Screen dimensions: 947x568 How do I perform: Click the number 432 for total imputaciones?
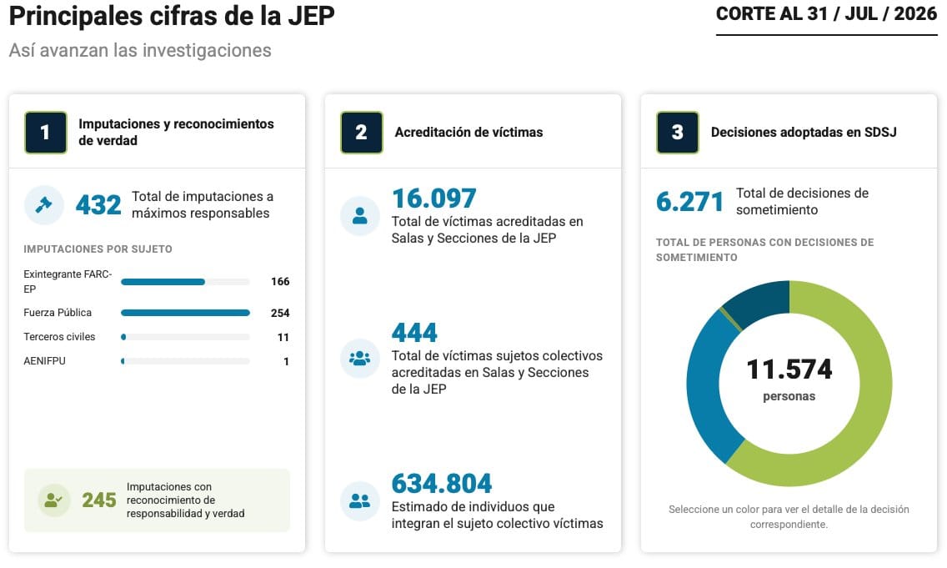(98, 205)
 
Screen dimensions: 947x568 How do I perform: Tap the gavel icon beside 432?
(43, 205)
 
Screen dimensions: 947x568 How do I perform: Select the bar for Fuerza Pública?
(185, 313)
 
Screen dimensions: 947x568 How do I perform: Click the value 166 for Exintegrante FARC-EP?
(280, 282)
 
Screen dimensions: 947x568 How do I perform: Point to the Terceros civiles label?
(59, 337)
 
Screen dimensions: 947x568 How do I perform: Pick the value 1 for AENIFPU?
(286, 361)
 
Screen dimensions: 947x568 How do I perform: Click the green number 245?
(99, 500)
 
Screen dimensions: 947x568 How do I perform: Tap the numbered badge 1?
(45, 133)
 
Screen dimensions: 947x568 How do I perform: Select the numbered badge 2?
(361, 133)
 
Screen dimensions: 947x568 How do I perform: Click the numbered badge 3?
(678, 133)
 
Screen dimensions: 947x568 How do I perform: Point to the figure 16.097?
(434, 199)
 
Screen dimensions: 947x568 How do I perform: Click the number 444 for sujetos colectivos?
(414, 332)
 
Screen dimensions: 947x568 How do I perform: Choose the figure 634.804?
(442, 484)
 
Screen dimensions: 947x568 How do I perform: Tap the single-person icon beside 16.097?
(360, 216)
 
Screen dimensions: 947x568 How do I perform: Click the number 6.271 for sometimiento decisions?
(689, 202)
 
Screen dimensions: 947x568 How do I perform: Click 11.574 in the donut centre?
(789, 369)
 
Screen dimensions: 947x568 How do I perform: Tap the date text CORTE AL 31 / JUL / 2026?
(826, 14)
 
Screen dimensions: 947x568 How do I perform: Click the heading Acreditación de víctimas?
(468, 133)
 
